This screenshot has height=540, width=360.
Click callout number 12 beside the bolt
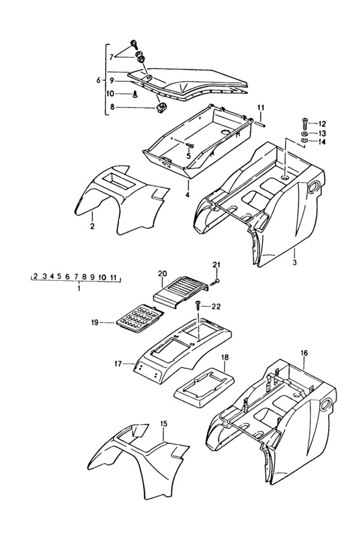[322, 124]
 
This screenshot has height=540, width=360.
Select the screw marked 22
[199, 305]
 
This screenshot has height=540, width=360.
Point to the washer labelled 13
[305, 133]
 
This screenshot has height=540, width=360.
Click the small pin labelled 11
[260, 122]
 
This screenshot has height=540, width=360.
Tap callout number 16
[304, 353]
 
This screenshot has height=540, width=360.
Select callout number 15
[164, 424]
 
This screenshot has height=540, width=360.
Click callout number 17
[118, 364]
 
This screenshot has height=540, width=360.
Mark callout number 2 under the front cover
[92, 226]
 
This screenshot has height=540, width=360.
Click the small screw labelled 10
[135, 94]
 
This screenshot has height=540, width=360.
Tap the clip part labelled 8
[161, 108]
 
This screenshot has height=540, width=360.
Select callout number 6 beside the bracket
[98, 80]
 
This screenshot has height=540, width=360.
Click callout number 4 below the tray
[187, 195]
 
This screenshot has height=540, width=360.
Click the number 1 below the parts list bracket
[79, 287]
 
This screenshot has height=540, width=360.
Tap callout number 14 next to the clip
[322, 142]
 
